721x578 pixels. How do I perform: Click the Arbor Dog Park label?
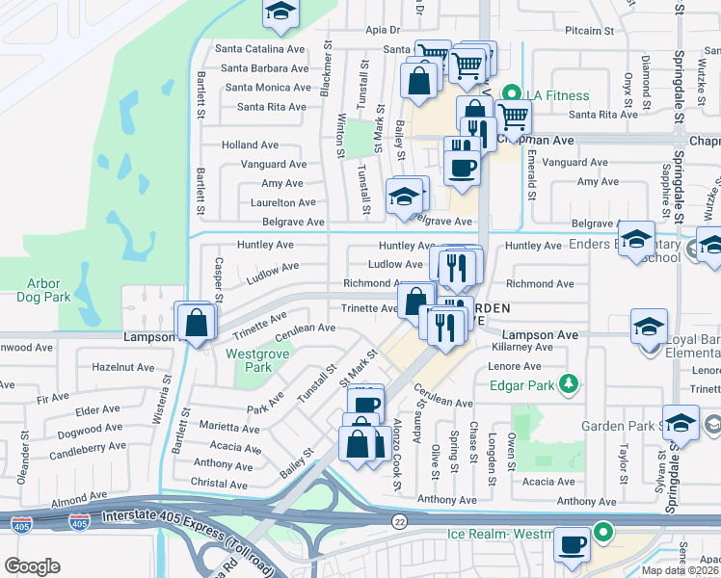pos(44,290)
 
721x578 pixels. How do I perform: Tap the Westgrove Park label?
pos(248,360)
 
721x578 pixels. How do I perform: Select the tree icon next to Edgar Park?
pos(570,384)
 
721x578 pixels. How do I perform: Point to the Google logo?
pos(32,566)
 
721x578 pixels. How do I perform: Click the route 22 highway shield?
pos(399,521)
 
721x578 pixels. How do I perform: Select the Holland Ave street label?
pos(250,144)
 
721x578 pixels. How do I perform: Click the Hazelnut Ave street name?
pos(122,367)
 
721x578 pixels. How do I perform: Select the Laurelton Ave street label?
pos(283,202)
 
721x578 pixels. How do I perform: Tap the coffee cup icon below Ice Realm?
pos(574,545)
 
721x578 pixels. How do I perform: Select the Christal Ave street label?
pos(220,484)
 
